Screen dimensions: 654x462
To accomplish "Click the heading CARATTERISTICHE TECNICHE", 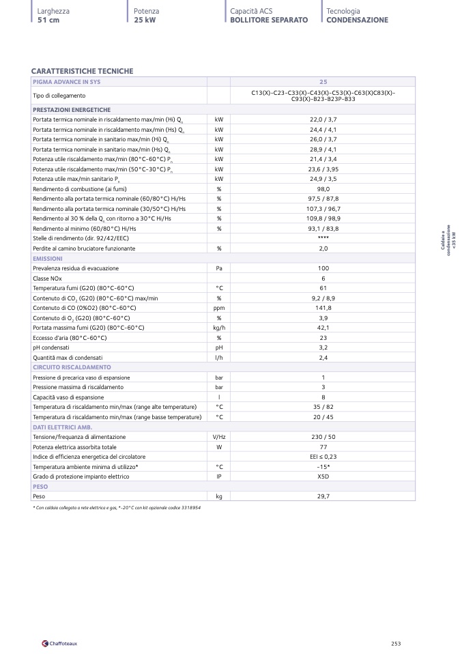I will (82, 71).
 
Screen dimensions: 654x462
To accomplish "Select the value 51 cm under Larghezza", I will (48, 20).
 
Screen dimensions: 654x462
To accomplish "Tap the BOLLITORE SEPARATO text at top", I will (269, 20).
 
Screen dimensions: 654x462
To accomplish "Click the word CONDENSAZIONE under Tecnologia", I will (357, 20).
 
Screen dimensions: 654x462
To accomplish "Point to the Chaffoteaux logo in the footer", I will (59, 642).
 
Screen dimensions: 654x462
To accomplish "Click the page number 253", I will (396, 642).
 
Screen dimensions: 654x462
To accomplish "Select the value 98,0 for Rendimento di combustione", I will (323, 189).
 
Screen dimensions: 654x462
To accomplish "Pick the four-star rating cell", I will (323, 238).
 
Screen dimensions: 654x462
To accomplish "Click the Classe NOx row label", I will (46, 279).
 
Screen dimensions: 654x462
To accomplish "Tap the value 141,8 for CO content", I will (323, 308).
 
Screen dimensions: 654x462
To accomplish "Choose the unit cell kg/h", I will (219, 328).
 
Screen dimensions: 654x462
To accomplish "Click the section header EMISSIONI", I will (48, 259).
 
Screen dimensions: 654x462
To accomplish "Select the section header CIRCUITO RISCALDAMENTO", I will (72, 367).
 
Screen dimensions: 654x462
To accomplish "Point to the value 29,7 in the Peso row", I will (323, 496).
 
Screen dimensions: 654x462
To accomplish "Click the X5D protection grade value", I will (323, 477).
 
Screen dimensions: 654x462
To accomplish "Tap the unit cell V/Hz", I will (219, 437).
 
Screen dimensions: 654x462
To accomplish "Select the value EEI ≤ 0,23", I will (323, 457).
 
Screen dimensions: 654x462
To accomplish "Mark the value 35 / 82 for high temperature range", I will (323, 407).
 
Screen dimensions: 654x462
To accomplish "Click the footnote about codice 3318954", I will (117, 508).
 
